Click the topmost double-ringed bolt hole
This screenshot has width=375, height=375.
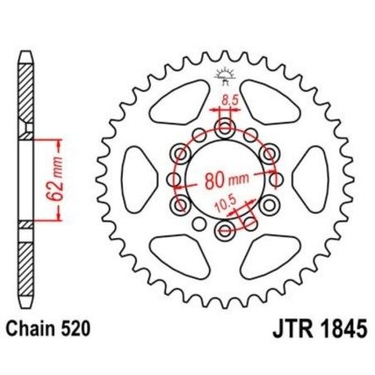point(224,127)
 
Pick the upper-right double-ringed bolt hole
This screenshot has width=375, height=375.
point(268,153)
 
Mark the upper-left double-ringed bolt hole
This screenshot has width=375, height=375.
point(180,153)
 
